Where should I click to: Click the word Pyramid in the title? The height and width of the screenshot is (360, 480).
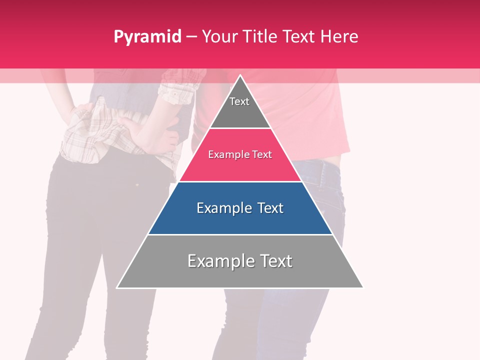[x=147, y=37]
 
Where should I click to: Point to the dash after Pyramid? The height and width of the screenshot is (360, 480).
[x=191, y=37]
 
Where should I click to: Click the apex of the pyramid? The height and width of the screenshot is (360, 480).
[x=240, y=76]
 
